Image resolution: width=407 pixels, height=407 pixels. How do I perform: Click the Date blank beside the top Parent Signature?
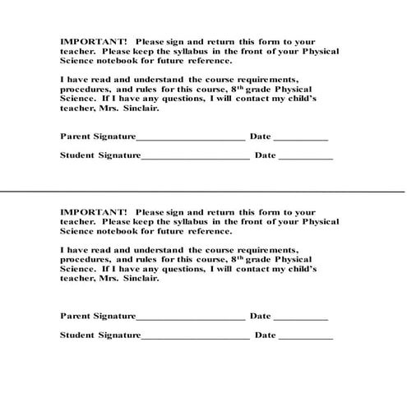tap(300, 139)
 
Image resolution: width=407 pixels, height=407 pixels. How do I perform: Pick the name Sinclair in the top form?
tap(139, 107)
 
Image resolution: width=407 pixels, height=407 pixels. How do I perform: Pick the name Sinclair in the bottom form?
tap(139, 278)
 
